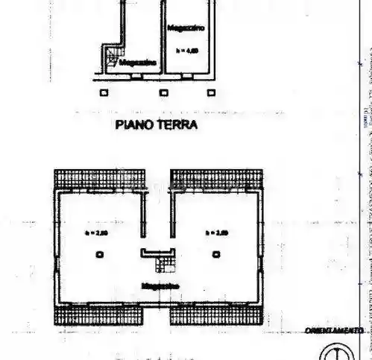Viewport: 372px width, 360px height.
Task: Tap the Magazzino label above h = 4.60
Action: (186, 28)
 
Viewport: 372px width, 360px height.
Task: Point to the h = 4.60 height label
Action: (186, 51)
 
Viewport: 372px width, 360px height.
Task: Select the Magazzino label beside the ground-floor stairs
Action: (137, 63)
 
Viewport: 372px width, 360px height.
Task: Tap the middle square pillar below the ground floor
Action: (164, 92)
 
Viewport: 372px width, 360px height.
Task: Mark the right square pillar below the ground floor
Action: (212, 92)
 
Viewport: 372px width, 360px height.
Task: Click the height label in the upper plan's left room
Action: (99, 233)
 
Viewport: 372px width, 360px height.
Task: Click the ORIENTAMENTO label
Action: (344, 330)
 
